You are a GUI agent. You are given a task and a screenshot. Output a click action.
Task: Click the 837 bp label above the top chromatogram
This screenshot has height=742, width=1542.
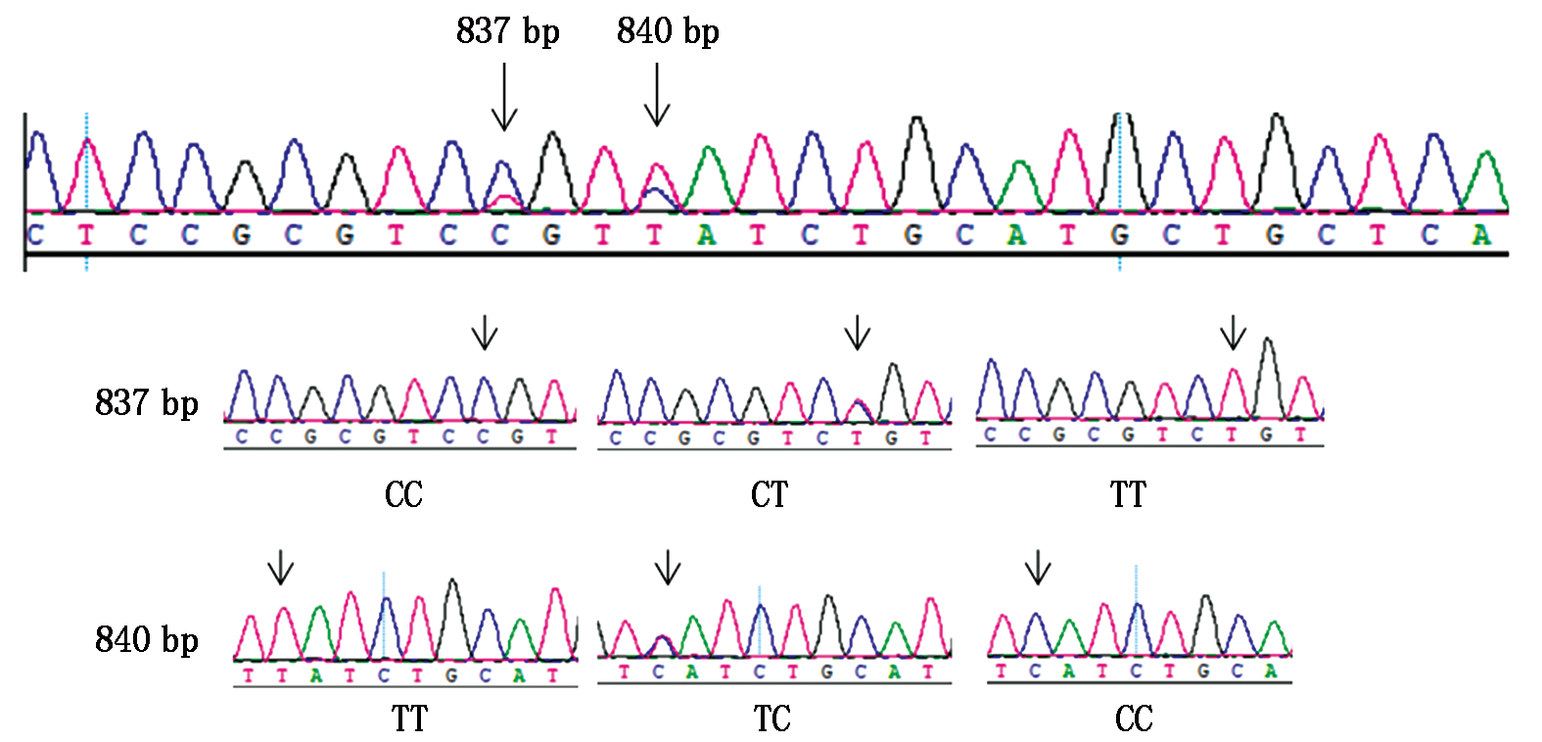[507, 31]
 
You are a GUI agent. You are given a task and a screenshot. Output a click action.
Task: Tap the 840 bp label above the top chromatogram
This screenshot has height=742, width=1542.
[668, 31]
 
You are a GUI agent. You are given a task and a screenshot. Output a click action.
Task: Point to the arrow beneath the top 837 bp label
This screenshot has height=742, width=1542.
[504, 97]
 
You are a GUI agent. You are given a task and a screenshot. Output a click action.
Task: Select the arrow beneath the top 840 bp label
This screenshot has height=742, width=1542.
[657, 95]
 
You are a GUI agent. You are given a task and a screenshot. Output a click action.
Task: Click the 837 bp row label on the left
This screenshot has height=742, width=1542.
[147, 402]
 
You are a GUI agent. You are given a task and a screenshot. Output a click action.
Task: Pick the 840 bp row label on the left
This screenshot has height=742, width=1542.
[147, 639]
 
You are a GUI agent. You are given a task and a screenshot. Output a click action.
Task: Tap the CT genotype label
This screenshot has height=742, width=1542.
[770, 494]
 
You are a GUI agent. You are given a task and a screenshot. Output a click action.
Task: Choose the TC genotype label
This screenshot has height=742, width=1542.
[771, 719]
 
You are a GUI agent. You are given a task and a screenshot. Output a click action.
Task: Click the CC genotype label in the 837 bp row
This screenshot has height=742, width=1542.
[403, 494]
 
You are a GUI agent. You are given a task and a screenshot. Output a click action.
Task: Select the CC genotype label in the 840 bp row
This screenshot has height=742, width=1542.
[1134, 719]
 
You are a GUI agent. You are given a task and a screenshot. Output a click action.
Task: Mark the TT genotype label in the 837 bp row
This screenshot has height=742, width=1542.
[1128, 494]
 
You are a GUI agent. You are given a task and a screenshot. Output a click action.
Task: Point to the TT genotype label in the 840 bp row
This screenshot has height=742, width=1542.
[410, 719]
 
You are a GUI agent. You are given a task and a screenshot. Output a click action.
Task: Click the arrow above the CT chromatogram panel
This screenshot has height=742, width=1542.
[858, 333]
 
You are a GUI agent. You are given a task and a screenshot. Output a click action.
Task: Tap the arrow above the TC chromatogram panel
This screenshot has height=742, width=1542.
[668, 567]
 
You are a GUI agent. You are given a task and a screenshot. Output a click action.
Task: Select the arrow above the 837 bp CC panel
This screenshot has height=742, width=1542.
[485, 333]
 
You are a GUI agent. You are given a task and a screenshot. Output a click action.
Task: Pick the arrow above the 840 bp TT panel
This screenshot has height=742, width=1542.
[281, 567]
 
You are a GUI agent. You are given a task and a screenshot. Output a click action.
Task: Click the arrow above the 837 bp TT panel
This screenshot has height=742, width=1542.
[1234, 333]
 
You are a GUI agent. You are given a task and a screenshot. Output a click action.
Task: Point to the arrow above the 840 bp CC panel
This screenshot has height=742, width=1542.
[1038, 567]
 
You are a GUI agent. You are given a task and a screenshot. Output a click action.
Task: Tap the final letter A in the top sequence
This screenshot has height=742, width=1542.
[1481, 235]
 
